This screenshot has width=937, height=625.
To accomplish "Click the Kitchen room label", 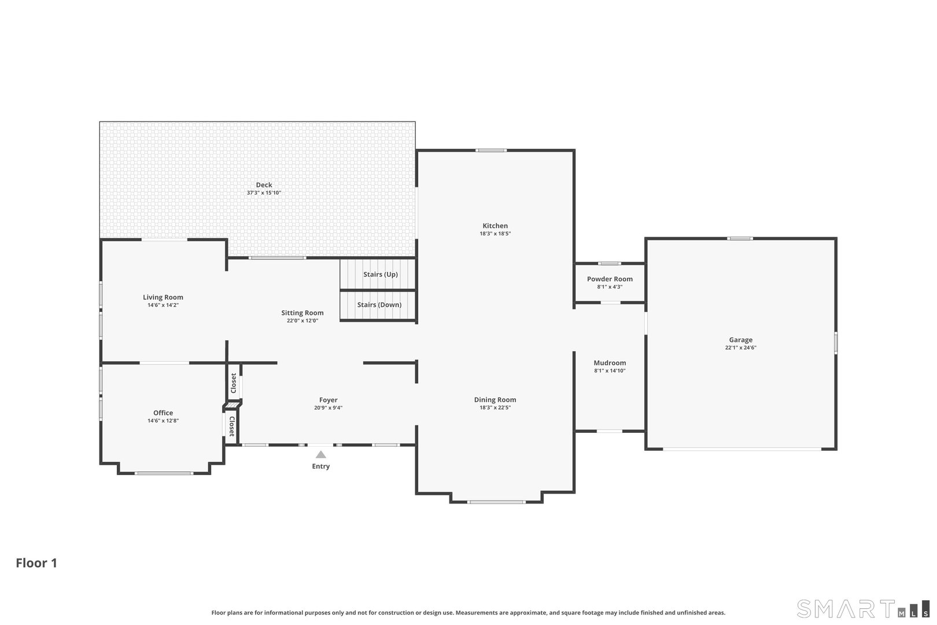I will tap(495, 226).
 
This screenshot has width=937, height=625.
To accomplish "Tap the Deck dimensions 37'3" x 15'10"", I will tap(264, 193).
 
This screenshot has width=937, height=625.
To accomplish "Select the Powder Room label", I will tap(610, 279).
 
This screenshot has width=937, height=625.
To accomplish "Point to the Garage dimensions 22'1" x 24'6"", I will tap(740, 348).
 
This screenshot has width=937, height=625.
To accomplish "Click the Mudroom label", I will tap(610, 363).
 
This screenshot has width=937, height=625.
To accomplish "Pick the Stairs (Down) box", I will tap(378, 305).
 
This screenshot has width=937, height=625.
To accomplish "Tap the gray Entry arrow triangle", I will tap(321, 455).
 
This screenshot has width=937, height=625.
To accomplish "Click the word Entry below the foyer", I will tap(321, 466).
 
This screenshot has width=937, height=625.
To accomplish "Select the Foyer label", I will tap(328, 400).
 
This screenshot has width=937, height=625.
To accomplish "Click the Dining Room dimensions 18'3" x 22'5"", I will tap(495, 407).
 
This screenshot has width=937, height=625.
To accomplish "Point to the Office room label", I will tap(163, 413).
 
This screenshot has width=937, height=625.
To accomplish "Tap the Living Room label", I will tap(163, 297).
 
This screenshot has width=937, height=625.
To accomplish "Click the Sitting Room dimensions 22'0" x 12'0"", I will tap(303, 321).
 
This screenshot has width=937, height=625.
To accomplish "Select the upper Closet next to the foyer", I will tap(234, 383).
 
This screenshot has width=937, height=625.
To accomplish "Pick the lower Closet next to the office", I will tap(232, 427).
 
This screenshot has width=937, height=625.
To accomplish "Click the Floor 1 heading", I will tap(36, 563).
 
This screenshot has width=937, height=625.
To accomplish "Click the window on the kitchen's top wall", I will tap(491, 150).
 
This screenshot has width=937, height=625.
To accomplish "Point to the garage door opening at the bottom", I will tap(742, 449).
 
